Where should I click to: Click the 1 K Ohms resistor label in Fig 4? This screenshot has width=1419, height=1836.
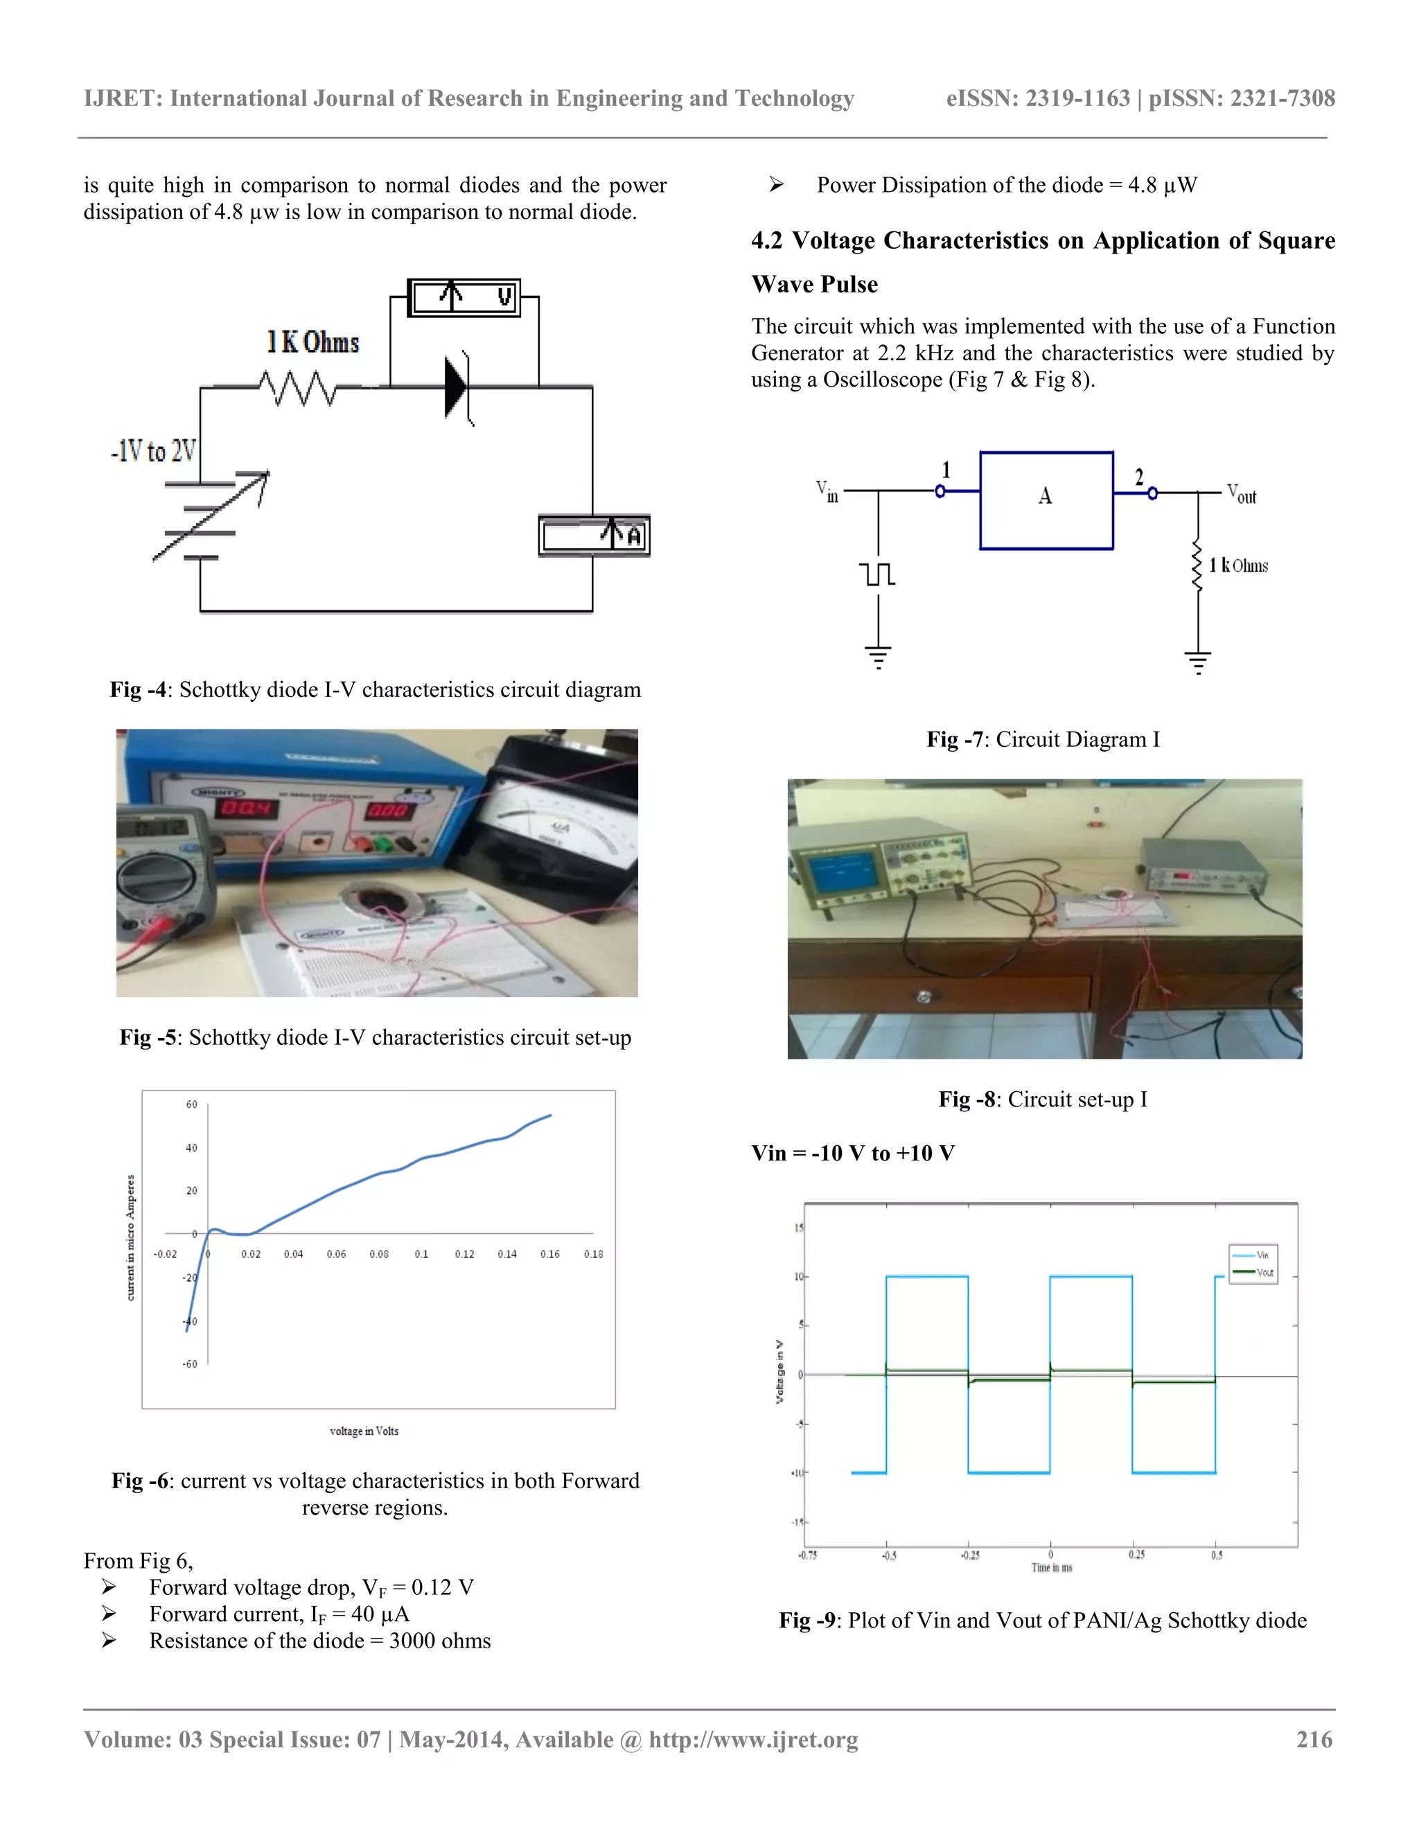(312, 342)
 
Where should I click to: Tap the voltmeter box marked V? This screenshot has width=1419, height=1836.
(464, 298)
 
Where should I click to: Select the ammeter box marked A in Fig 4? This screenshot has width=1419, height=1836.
(594, 536)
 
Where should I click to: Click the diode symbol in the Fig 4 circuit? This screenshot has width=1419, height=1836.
(457, 387)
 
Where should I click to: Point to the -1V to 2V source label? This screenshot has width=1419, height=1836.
(153, 452)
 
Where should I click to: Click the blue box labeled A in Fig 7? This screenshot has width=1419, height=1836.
(1046, 500)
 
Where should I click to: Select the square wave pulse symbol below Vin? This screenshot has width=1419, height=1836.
(878, 574)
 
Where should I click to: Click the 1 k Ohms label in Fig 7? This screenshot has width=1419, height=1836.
(1238, 566)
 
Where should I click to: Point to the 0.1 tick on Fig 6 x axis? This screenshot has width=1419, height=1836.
(421, 1253)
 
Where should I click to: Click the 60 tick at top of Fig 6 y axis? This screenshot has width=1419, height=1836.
(192, 1104)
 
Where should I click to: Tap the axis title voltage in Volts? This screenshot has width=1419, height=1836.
(364, 1431)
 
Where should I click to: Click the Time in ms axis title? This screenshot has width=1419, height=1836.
(1051, 1568)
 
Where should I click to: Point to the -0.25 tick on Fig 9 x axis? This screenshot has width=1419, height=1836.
(969, 1555)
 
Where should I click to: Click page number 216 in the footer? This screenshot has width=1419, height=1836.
(1314, 1739)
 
